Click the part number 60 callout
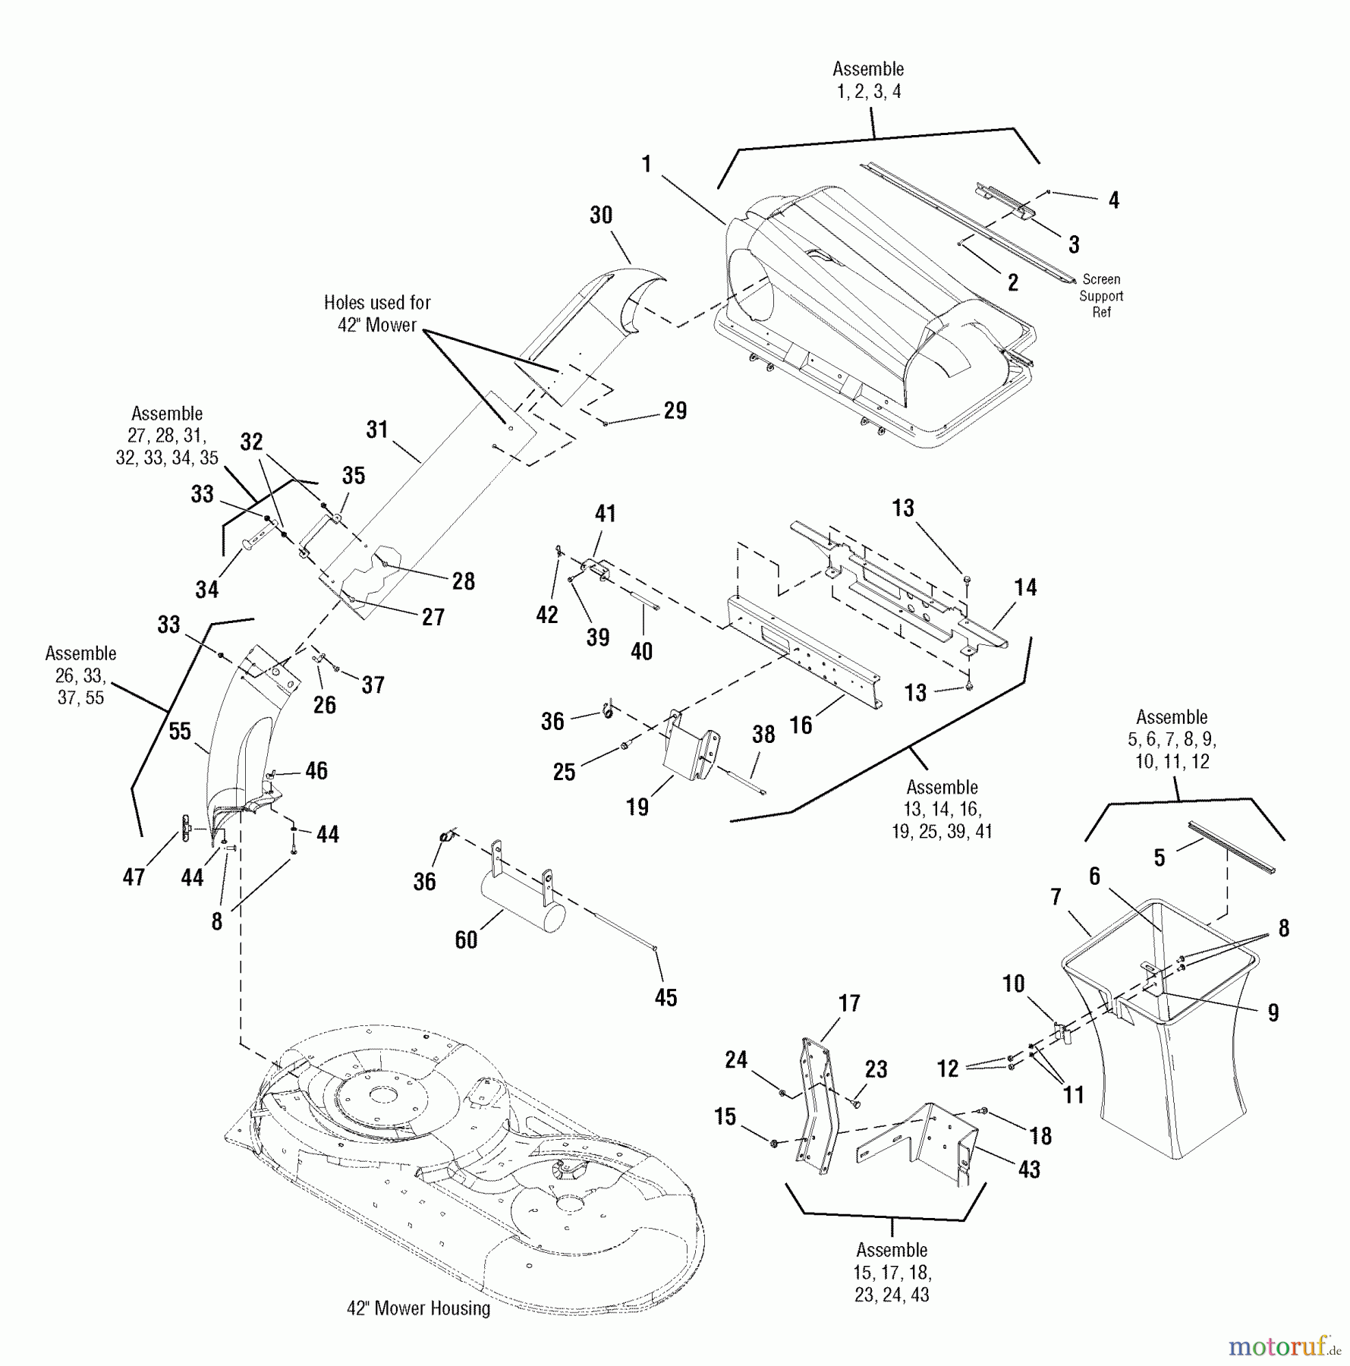point(466,940)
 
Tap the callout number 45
point(666,997)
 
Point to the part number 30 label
point(601,216)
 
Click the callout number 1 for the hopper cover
point(647,165)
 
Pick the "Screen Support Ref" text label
point(1101,295)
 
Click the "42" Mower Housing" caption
point(419,1308)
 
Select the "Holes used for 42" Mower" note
point(377,313)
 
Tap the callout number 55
point(180,731)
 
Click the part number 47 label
point(134,877)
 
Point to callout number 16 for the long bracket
point(801,725)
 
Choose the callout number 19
point(637,806)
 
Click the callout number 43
point(1029,1169)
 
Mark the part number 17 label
point(849,1003)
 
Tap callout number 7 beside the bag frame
point(1056,897)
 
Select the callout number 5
point(1159,858)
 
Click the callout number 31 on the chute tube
point(377,430)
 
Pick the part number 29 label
point(675,411)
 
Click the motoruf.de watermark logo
point(1284,1347)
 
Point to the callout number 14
point(1025,587)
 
